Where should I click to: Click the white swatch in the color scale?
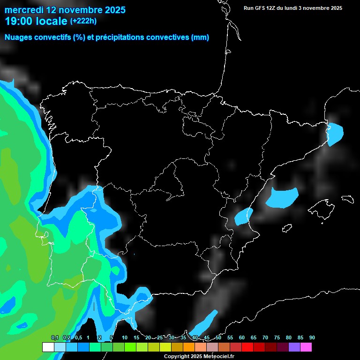[x=48, y=347]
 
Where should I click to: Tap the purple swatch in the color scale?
[x=294, y=347]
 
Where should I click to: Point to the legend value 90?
[x=312, y=337]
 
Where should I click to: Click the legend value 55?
[x=230, y=337]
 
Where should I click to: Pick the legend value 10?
[x=125, y=337]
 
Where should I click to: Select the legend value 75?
[x=277, y=337]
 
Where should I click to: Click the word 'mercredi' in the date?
[x=24, y=10]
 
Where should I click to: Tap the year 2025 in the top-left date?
[x=111, y=10]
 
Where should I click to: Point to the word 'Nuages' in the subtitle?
[x=19, y=37]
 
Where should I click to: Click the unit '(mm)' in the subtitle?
[x=200, y=37]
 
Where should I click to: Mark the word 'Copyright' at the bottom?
[x=177, y=357]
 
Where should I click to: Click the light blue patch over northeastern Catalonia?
[x=336, y=134]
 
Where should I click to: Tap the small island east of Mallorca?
[x=347, y=199]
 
